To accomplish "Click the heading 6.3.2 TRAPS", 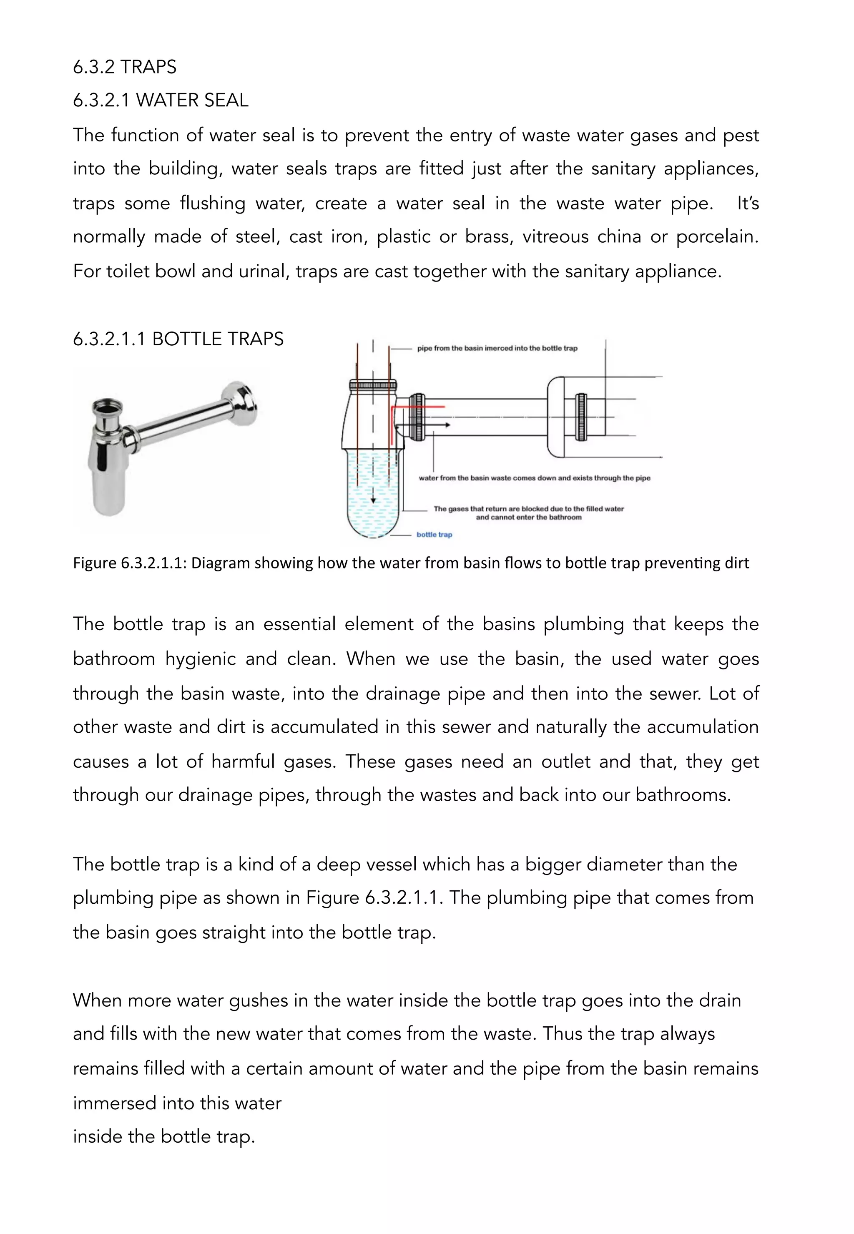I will (x=124, y=67).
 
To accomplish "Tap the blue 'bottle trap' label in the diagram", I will (x=434, y=535).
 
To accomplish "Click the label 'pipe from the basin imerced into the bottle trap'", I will (x=497, y=348).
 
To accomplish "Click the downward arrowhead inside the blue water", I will (x=373, y=500).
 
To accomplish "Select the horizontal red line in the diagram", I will (x=420, y=407).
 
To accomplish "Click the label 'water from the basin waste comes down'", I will (x=534, y=478).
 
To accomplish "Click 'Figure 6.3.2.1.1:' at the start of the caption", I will (x=130, y=563).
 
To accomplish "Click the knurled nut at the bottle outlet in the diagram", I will (x=417, y=417).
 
